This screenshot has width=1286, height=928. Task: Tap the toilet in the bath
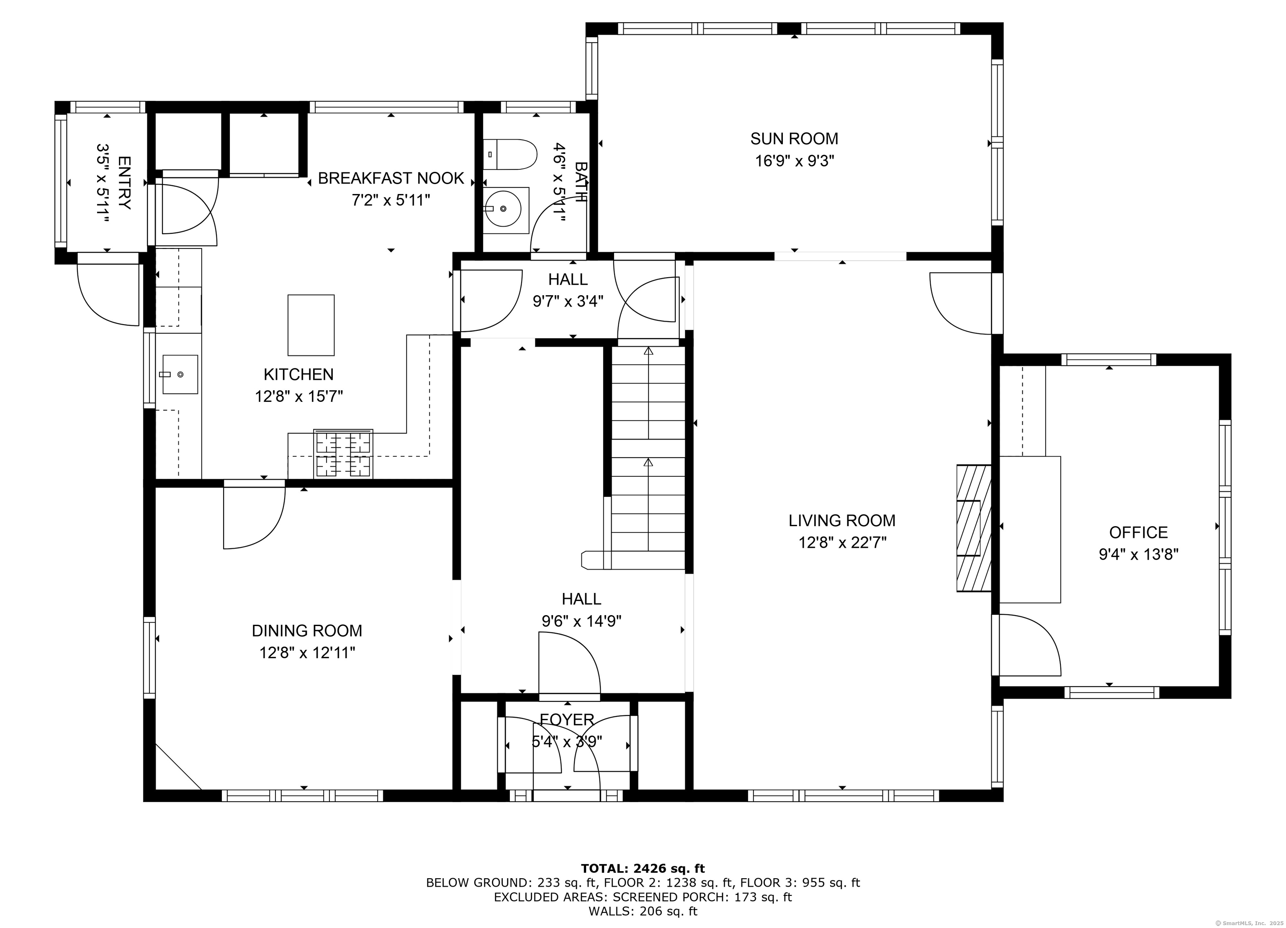(510, 154)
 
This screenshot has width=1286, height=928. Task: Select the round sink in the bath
(504, 209)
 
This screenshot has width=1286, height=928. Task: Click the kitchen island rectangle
(311, 325)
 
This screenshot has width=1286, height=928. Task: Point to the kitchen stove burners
(344, 454)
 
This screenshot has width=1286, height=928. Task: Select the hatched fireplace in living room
(973, 528)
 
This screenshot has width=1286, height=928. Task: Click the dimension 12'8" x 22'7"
(842, 543)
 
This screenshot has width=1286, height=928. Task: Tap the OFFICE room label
(1138, 532)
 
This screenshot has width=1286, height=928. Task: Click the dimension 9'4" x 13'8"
(1138, 554)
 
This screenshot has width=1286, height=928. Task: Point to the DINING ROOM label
(307, 631)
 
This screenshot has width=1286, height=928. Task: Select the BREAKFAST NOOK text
(391, 179)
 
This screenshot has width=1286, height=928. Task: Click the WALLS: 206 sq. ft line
(643, 911)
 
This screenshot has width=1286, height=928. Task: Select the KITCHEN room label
(298, 374)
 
